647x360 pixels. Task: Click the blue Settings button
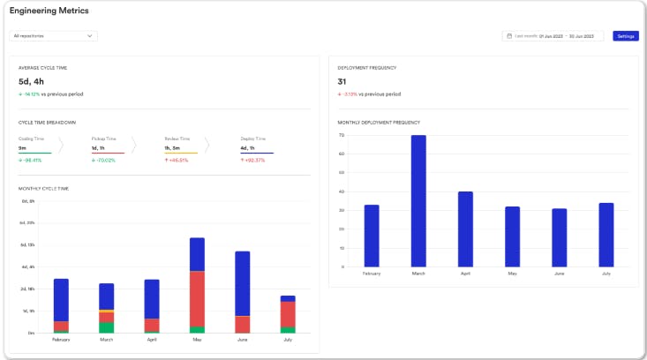[x=626, y=36]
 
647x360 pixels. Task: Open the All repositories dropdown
[x=53, y=36]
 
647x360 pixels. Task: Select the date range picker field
[x=553, y=36]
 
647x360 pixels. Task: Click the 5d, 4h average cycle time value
[x=31, y=81]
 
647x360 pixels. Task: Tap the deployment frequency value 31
[x=343, y=81]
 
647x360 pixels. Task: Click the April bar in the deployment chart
[x=465, y=229]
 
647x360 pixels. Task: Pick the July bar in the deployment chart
[x=606, y=236]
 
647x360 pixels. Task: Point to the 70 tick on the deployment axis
[x=341, y=136]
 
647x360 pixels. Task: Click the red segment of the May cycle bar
[x=197, y=299]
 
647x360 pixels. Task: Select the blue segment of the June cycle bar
[x=243, y=283]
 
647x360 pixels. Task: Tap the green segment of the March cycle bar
[x=107, y=327]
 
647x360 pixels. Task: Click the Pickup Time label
[x=104, y=139]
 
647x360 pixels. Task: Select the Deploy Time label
[x=252, y=139]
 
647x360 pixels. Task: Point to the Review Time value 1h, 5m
[x=173, y=148]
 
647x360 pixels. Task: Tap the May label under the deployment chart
[x=512, y=274]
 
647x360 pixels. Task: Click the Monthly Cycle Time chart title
[x=43, y=188]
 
